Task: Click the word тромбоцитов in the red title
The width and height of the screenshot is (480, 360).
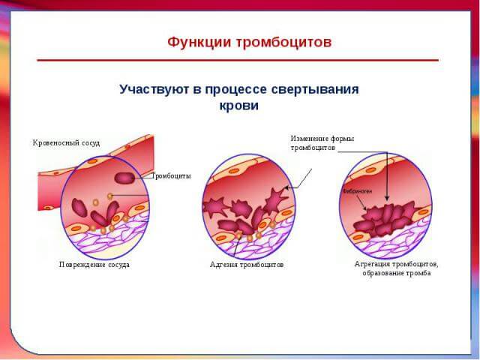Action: (282, 42)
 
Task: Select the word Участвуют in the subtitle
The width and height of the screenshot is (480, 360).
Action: (154, 89)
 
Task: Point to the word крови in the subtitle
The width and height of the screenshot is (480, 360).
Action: (238, 106)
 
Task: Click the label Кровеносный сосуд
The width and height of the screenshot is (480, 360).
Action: (66, 142)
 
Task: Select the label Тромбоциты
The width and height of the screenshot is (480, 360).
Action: (171, 175)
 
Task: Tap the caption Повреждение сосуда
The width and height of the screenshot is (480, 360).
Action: (94, 264)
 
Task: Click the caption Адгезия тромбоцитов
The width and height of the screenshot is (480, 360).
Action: (247, 265)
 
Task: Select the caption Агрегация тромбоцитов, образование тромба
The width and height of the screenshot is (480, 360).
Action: (396, 268)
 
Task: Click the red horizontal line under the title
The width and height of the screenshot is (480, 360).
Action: (238, 59)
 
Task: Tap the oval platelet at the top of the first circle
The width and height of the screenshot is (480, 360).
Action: (124, 178)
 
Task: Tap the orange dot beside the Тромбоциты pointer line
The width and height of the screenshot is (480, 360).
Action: (110, 196)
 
